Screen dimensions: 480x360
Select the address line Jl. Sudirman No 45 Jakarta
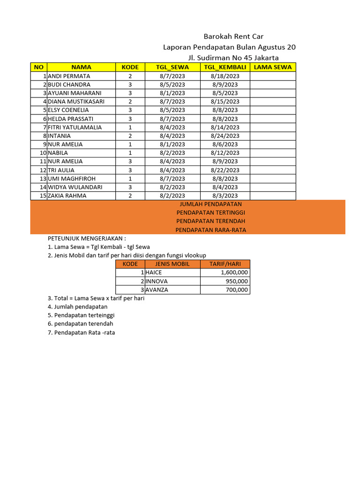coord(233,58)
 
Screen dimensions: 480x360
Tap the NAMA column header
coord(81,67)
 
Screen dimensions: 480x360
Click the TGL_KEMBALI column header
coord(225,67)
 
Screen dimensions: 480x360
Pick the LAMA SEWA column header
coord(272,67)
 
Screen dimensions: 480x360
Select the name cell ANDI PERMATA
coord(69,76)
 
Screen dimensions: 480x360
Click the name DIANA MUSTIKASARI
coord(76,101)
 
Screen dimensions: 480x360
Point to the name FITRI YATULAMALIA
coord(75,127)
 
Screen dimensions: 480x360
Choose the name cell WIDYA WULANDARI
coord(75,187)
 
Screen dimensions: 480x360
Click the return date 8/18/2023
coord(225,76)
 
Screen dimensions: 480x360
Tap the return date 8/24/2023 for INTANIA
coord(225,136)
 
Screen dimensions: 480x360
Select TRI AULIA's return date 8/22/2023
coord(225,170)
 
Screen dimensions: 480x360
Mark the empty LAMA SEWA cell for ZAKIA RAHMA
coord(272,195)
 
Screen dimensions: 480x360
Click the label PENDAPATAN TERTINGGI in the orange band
coord(210,213)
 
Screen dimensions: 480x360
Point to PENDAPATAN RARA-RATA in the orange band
coord(210,230)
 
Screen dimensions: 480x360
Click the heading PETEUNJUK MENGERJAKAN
coord(87,239)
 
